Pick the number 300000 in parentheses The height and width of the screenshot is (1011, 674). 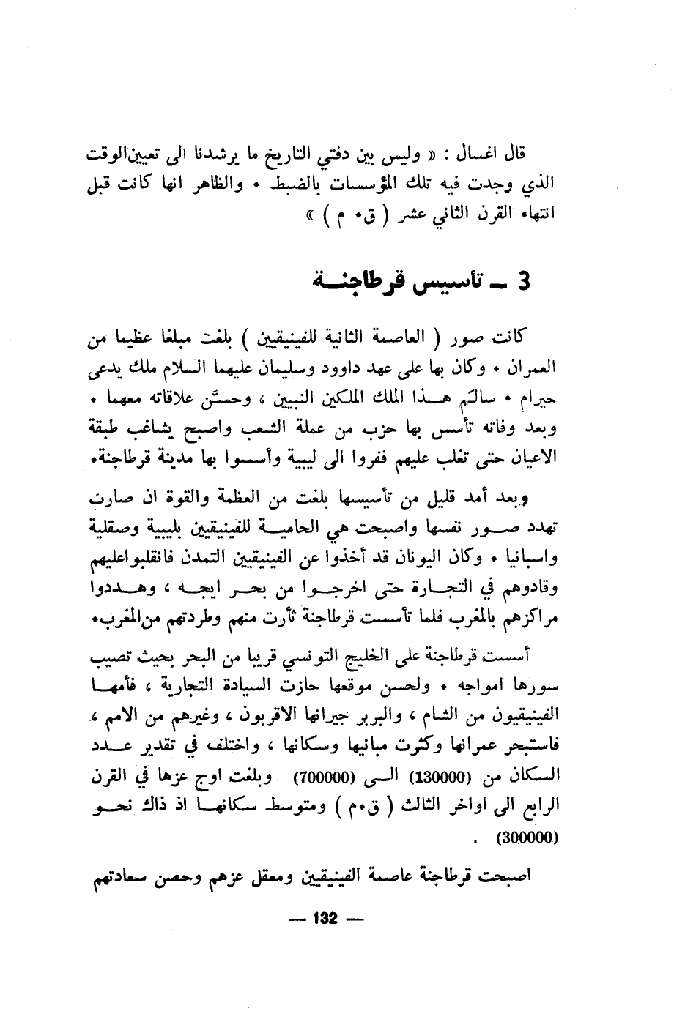[527, 836]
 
